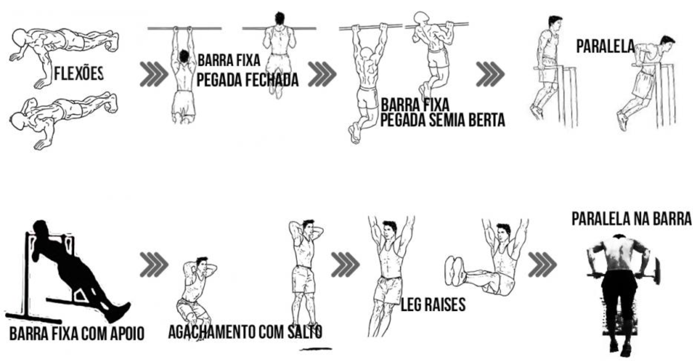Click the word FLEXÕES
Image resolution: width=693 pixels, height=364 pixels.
tap(79, 74)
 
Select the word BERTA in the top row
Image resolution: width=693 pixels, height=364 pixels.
tap(486, 120)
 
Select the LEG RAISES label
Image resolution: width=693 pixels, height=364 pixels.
tap(433, 304)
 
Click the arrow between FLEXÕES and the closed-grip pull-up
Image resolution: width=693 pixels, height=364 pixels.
tap(154, 74)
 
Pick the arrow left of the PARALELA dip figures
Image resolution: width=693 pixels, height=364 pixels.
tap(490, 74)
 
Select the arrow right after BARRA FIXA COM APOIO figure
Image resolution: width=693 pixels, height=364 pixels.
tap(154, 265)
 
